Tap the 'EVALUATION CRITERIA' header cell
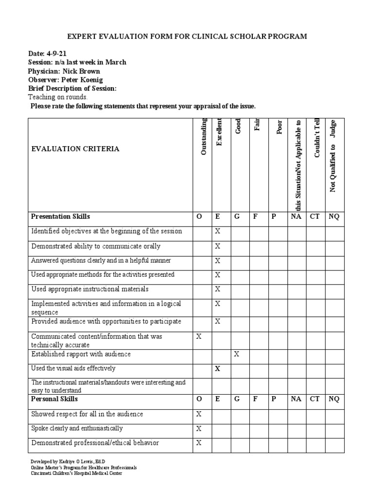point(75,149)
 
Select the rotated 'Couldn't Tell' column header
point(316,138)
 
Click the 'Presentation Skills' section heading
point(60,216)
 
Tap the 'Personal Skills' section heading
point(55,399)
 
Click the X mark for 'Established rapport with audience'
point(237,354)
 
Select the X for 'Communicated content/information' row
point(199,337)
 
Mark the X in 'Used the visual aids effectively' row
point(218,369)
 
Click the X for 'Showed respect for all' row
point(199,414)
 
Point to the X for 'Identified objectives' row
point(218,231)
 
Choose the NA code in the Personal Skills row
point(296,399)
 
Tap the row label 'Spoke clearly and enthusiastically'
point(77,429)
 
